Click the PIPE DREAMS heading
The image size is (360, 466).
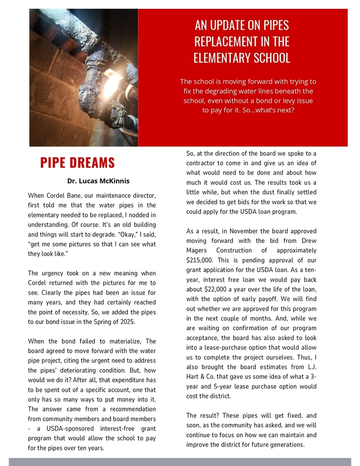click(x=77, y=162)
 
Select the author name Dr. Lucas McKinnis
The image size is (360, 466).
click(x=98, y=181)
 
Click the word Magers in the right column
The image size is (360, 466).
click(x=197, y=251)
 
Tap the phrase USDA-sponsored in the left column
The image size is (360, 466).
click(x=59, y=429)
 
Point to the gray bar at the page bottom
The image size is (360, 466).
click(x=180, y=461)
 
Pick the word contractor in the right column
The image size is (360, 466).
click(x=203, y=163)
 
